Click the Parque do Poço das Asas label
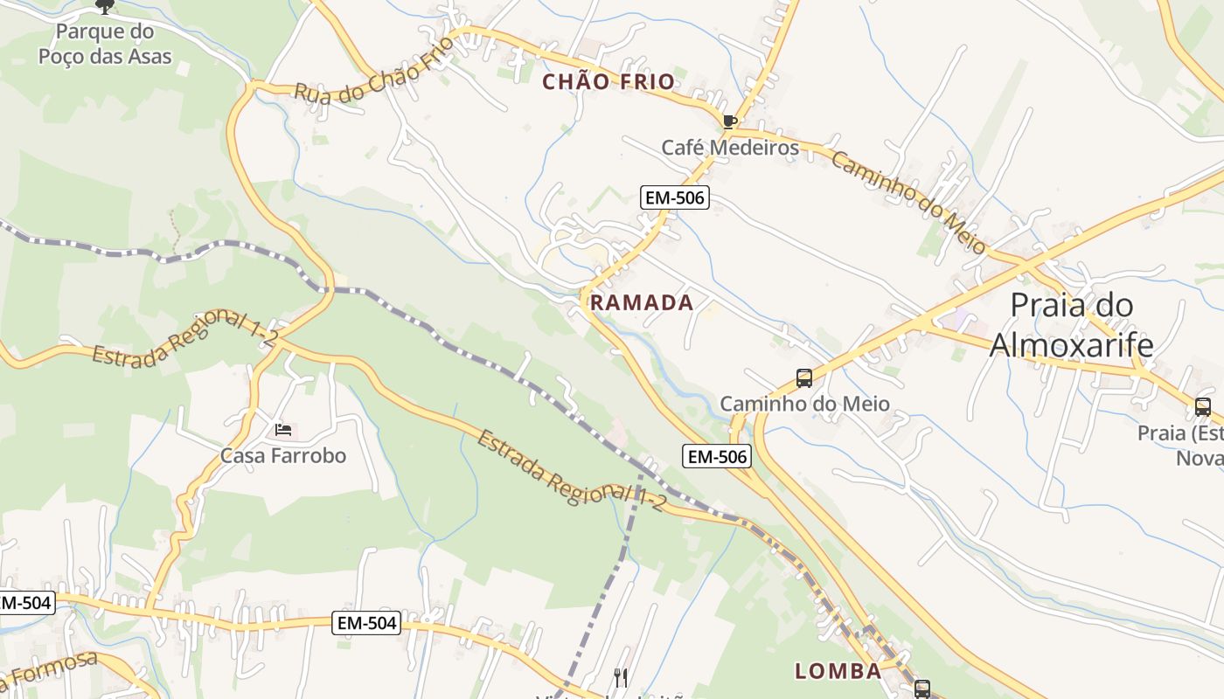[x=105, y=45]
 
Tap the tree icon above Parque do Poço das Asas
[x=105, y=7]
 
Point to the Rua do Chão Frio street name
[x=376, y=71]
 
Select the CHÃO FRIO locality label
[x=609, y=82]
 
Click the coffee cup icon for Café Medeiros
[x=730, y=121]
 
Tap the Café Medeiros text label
[x=730, y=148]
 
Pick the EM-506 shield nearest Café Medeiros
[x=674, y=197]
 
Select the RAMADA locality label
[x=642, y=303]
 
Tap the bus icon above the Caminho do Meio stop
[x=804, y=378]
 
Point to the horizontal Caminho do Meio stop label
[x=804, y=404]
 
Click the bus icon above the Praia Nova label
[x=1203, y=406]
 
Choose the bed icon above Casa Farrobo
[x=283, y=430]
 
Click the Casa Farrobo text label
[x=283, y=455]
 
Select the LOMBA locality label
[x=838, y=671]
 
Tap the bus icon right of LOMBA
[x=922, y=688]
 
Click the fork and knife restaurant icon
[x=621, y=677]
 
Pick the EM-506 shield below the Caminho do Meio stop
[x=717, y=456]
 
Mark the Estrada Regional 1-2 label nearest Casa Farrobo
[x=185, y=339]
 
